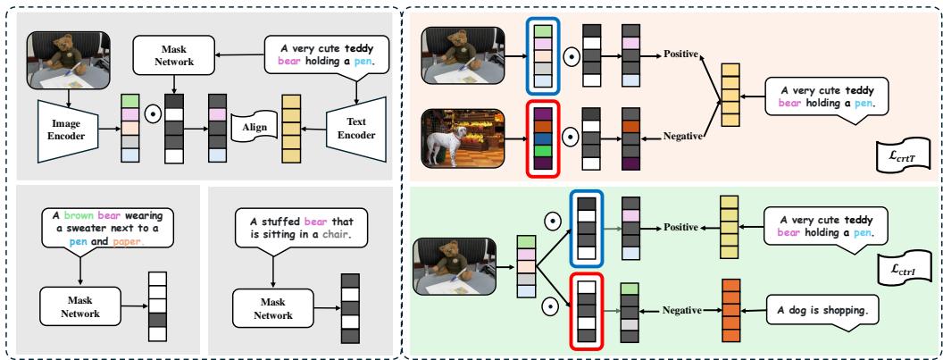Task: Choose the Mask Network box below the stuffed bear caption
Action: point(269,305)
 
